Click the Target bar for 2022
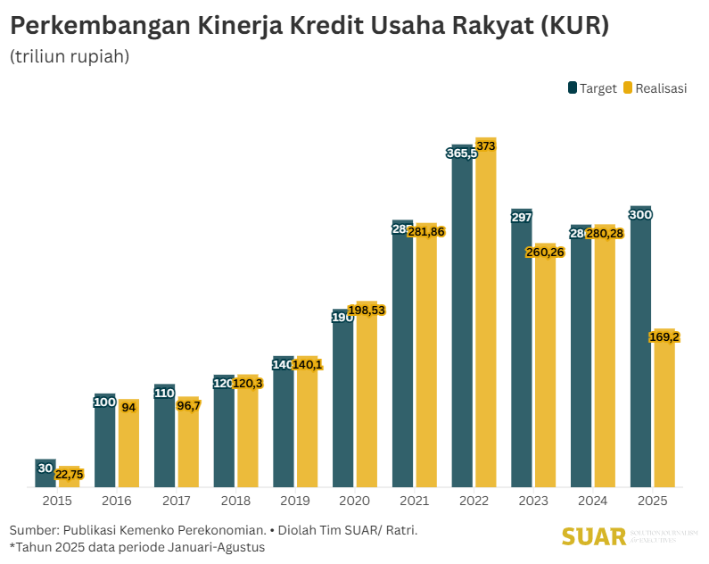[462, 321]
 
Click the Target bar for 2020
[343, 402]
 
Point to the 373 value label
[486, 145]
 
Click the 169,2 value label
[664, 337]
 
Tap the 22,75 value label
[69, 475]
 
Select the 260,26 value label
[545, 252]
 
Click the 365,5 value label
[462, 153]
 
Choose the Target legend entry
[592, 88]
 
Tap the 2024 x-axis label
[592, 501]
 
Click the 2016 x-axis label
[116, 501]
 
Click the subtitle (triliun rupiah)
[70, 56]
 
